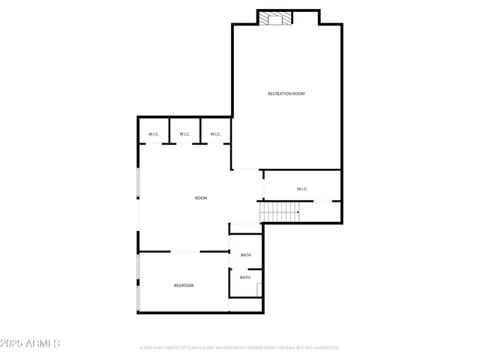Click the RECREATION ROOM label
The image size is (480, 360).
[x=286, y=94]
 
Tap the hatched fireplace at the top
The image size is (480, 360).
[x=275, y=18]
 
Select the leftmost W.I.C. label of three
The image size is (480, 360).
[x=153, y=135]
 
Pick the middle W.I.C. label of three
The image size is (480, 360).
[x=184, y=135]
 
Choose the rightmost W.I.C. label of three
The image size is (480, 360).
[x=215, y=135]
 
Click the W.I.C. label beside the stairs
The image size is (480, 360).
[x=302, y=189]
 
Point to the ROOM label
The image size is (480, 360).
[x=201, y=198]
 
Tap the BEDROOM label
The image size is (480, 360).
[x=184, y=286]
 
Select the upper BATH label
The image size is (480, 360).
[x=245, y=256]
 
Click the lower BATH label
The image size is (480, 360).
[x=245, y=277]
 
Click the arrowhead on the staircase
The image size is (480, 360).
[x=298, y=212]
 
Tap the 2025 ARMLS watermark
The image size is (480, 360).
[x=30, y=343]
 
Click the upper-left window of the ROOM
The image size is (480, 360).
[x=138, y=184]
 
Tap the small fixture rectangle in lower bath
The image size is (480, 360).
[x=259, y=289]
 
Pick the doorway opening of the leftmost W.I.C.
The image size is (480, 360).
[x=154, y=143]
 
